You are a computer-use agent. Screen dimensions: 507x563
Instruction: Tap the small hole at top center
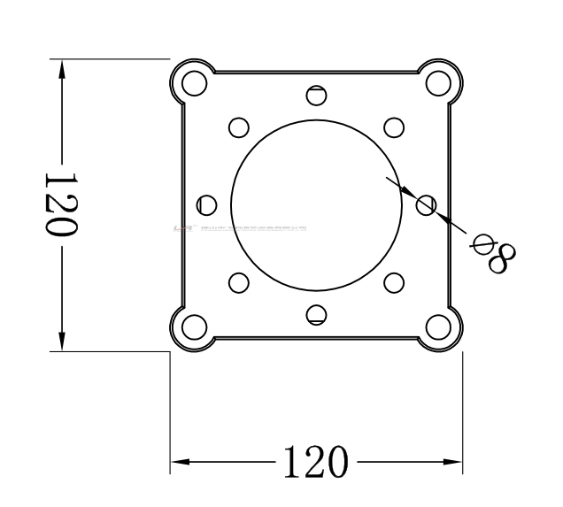coord(316,96)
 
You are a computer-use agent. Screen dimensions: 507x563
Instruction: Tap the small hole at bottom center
coord(316,313)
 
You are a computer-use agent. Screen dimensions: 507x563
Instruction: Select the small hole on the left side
coord(206,204)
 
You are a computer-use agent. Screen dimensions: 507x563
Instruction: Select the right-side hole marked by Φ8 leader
coord(426,205)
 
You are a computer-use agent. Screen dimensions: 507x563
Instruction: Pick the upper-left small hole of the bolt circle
coord(237,127)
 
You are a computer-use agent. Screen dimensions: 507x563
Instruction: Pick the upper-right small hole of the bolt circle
coord(394,127)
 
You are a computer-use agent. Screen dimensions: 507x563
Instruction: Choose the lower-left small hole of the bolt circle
coord(237,283)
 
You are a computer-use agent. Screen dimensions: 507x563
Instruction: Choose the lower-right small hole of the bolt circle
coord(394,283)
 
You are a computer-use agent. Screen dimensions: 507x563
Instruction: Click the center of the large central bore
coord(315,204)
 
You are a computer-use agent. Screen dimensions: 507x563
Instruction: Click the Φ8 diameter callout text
coord(495,252)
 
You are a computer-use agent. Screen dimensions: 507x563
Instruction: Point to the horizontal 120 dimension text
coord(315,462)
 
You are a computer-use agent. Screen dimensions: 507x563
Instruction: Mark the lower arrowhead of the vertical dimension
coord(61,340)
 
